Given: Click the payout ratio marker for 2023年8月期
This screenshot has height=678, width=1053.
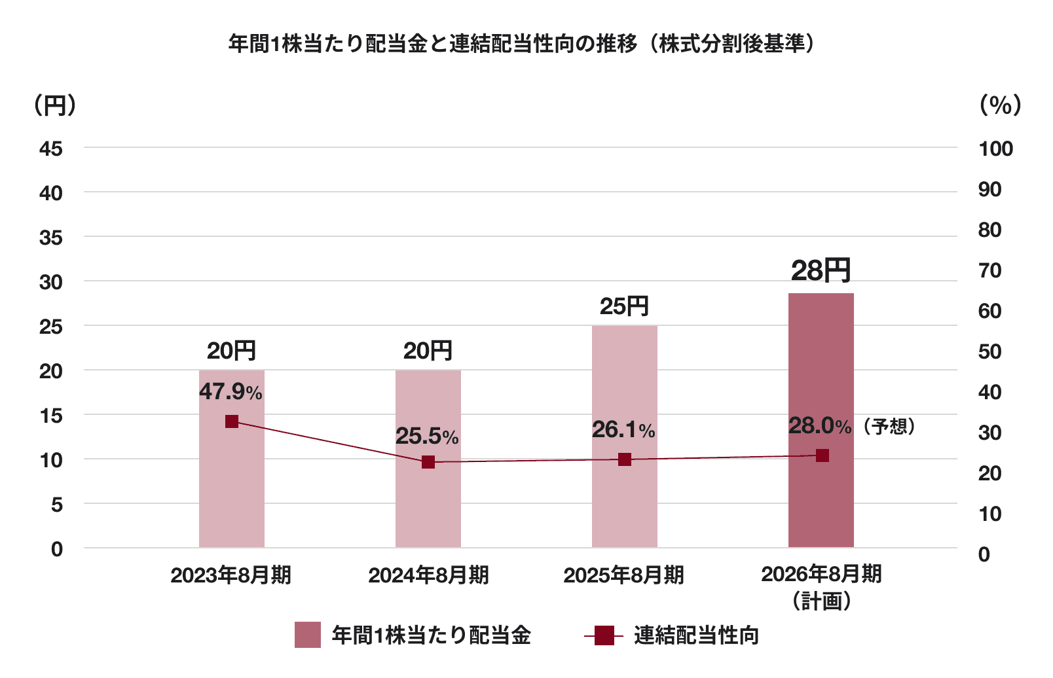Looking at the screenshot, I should coord(232,421).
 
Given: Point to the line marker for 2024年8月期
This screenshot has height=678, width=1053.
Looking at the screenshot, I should coord(428,462).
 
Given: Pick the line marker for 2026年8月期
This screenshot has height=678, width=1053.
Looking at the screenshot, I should coord(822,455).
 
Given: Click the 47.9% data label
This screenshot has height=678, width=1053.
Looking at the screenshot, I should coord(231,392).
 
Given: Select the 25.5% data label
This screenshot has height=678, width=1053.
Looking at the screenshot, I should coord(427,437).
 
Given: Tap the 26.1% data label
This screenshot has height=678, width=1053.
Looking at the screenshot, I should coord(623,430).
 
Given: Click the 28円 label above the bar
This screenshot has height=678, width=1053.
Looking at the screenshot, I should coord(821,270).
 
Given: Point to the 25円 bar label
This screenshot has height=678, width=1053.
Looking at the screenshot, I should coord(624,306).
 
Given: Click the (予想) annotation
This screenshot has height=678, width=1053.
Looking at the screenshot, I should coord(889,427).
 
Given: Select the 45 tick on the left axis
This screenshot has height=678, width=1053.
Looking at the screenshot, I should coord(51,149).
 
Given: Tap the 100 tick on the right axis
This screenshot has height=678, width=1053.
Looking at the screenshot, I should coord(995,149).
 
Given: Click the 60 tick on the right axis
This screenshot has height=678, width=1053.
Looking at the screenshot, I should coord(989,311).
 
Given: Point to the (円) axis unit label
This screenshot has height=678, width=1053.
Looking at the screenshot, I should coord(55,105).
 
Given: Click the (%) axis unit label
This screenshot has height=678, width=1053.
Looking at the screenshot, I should coord(1000,105).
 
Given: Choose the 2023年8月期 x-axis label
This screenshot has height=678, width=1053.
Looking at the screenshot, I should coord(231,575).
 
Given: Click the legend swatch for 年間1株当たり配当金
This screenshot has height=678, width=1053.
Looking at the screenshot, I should coord(308,635).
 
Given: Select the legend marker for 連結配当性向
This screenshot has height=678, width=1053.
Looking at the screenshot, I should coord(604,635).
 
